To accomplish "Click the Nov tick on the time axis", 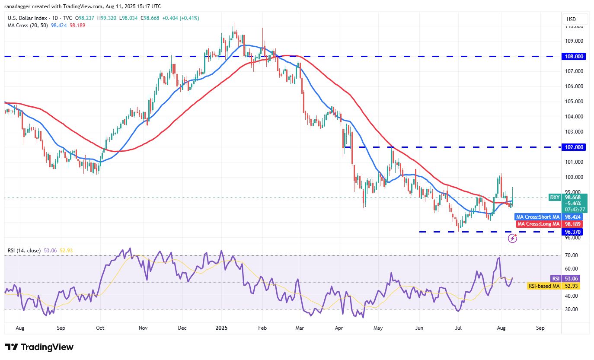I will pyautogui.click(x=143, y=328).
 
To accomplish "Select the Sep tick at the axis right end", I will pyautogui.click(x=540, y=328).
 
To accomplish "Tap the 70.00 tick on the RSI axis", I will pyautogui.click(x=572, y=255).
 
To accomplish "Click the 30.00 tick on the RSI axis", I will pyautogui.click(x=572, y=309).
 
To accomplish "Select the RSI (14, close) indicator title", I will pyautogui.click(x=25, y=251).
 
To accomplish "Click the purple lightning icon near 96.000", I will pyautogui.click(x=512, y=238).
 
